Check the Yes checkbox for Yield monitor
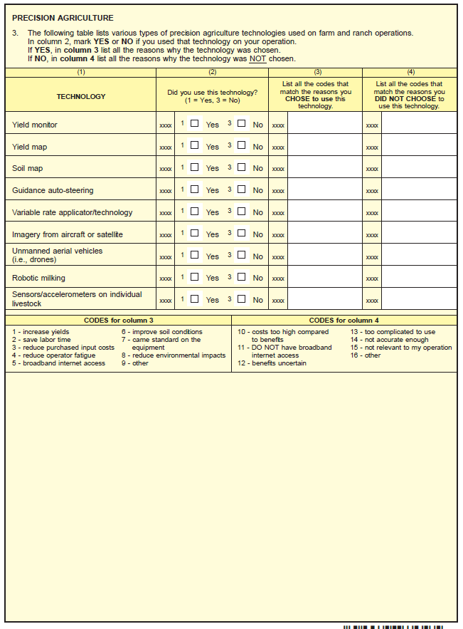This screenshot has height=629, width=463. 194,123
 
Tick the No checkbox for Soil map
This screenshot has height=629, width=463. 242,167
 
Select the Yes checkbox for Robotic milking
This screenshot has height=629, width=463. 194,276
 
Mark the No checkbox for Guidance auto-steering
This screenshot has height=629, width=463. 242,189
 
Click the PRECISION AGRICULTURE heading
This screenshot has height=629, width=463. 63,18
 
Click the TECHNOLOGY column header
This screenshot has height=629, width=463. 81,97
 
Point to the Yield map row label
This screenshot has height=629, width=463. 30,147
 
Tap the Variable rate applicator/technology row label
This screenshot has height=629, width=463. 72,212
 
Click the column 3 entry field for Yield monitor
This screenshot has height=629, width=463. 324,125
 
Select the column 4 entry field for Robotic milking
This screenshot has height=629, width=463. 419,278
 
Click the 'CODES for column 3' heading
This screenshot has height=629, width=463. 118,321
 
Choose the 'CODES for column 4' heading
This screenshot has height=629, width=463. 344,321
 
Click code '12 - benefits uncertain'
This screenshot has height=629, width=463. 272,363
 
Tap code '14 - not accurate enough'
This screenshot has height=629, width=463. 389,340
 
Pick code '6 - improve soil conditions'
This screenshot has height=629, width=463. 161,332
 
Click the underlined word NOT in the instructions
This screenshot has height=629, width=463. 257,59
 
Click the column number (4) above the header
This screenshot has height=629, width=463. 410,72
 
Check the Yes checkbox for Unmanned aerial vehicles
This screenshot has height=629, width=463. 194,254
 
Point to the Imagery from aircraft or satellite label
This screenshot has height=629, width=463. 67,234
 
